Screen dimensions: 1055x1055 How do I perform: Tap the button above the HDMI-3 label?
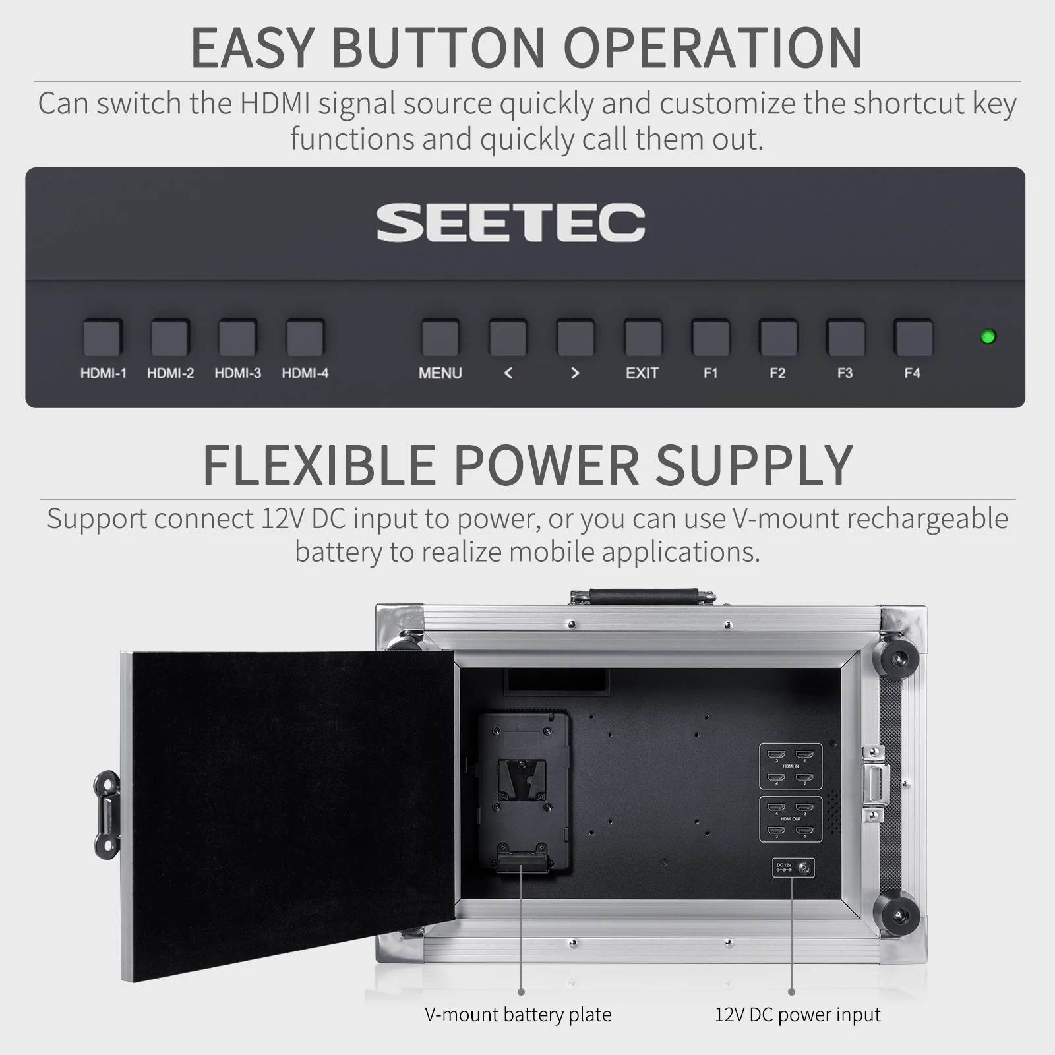pyautogui.click(x=237, y=338)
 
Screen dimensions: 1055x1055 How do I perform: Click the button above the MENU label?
pyautogui.click(x=440, y=338)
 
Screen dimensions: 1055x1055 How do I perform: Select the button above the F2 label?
pyautogui.click(x=778, y=338)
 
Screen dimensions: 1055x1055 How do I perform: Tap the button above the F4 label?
pyautogui.click(x=913, y=338)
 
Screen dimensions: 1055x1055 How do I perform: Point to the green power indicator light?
pyautogui.click(x=988, y=336)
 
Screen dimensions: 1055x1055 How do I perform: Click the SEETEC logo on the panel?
pyautogui.click(x=511, y=222)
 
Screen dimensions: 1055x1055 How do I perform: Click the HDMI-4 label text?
pyautogui.click(x=305, y=373)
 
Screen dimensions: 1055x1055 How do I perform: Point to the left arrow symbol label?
pyautogui.click(x=508, y=373)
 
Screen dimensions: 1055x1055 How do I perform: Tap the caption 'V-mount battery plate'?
pyautogui.click(x=518, y=1014)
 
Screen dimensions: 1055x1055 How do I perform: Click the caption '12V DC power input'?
pyautogui.click(x=798, y=1014)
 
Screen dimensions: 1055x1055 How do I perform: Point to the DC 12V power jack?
pyautogui.click(x=804, y=868)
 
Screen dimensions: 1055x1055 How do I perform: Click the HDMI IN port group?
pyautogui.click(x=791, y=766)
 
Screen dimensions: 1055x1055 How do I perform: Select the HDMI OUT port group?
pyautogui.click(x=791, y=819)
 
